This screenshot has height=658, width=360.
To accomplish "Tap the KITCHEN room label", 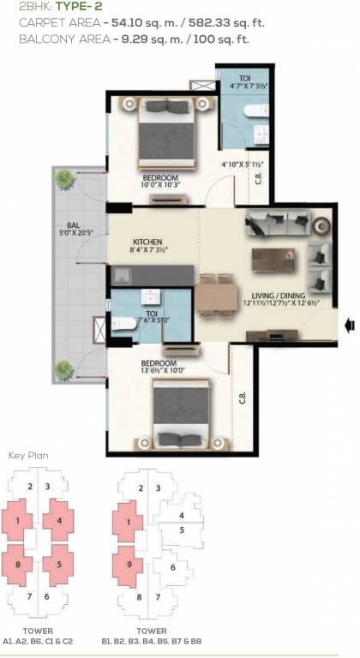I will coord(147,242).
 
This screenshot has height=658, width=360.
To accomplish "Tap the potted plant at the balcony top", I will coord(64,179).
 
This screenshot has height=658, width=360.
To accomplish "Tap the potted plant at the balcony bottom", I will coord(64,369).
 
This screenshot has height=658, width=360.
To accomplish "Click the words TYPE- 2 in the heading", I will coord(82,8).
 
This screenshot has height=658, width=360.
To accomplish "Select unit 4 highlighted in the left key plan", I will coord(59,520).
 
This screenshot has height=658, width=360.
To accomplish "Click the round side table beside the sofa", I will coord(321,226).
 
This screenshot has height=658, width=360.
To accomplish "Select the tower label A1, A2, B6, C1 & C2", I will coord(39,640).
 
